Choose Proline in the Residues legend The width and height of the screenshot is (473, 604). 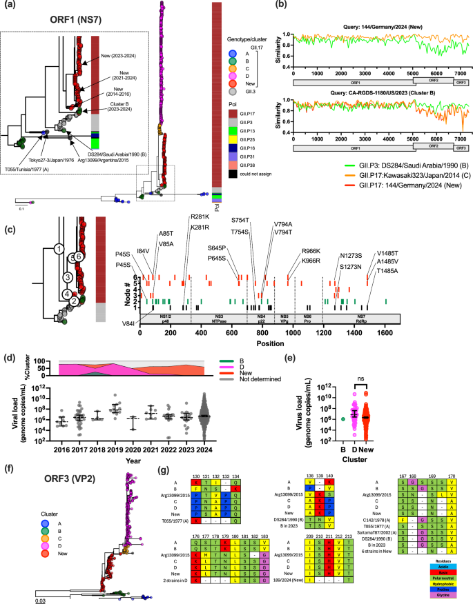[443, 590]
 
